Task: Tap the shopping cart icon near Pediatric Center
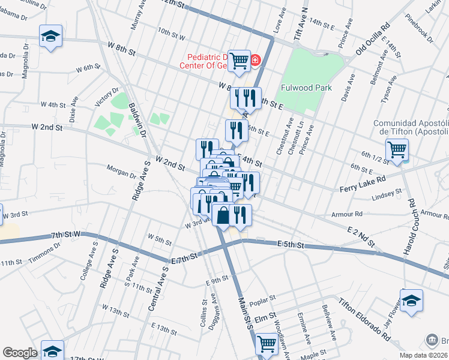tap(240, 60)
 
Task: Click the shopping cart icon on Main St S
tap(267, 344)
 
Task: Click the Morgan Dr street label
tap(122, 172)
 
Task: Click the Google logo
tap(20, 353)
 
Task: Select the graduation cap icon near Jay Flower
tap(412, 299)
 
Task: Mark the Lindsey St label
tap(386, 194)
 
